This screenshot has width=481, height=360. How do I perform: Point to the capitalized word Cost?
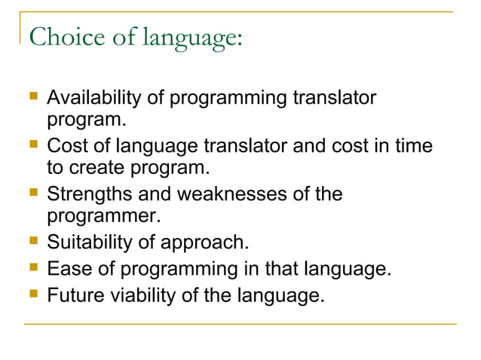tap(65, 145)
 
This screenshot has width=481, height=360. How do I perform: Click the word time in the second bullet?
tap(415, 145)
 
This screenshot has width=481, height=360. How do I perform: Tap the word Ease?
tap(66, 268)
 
